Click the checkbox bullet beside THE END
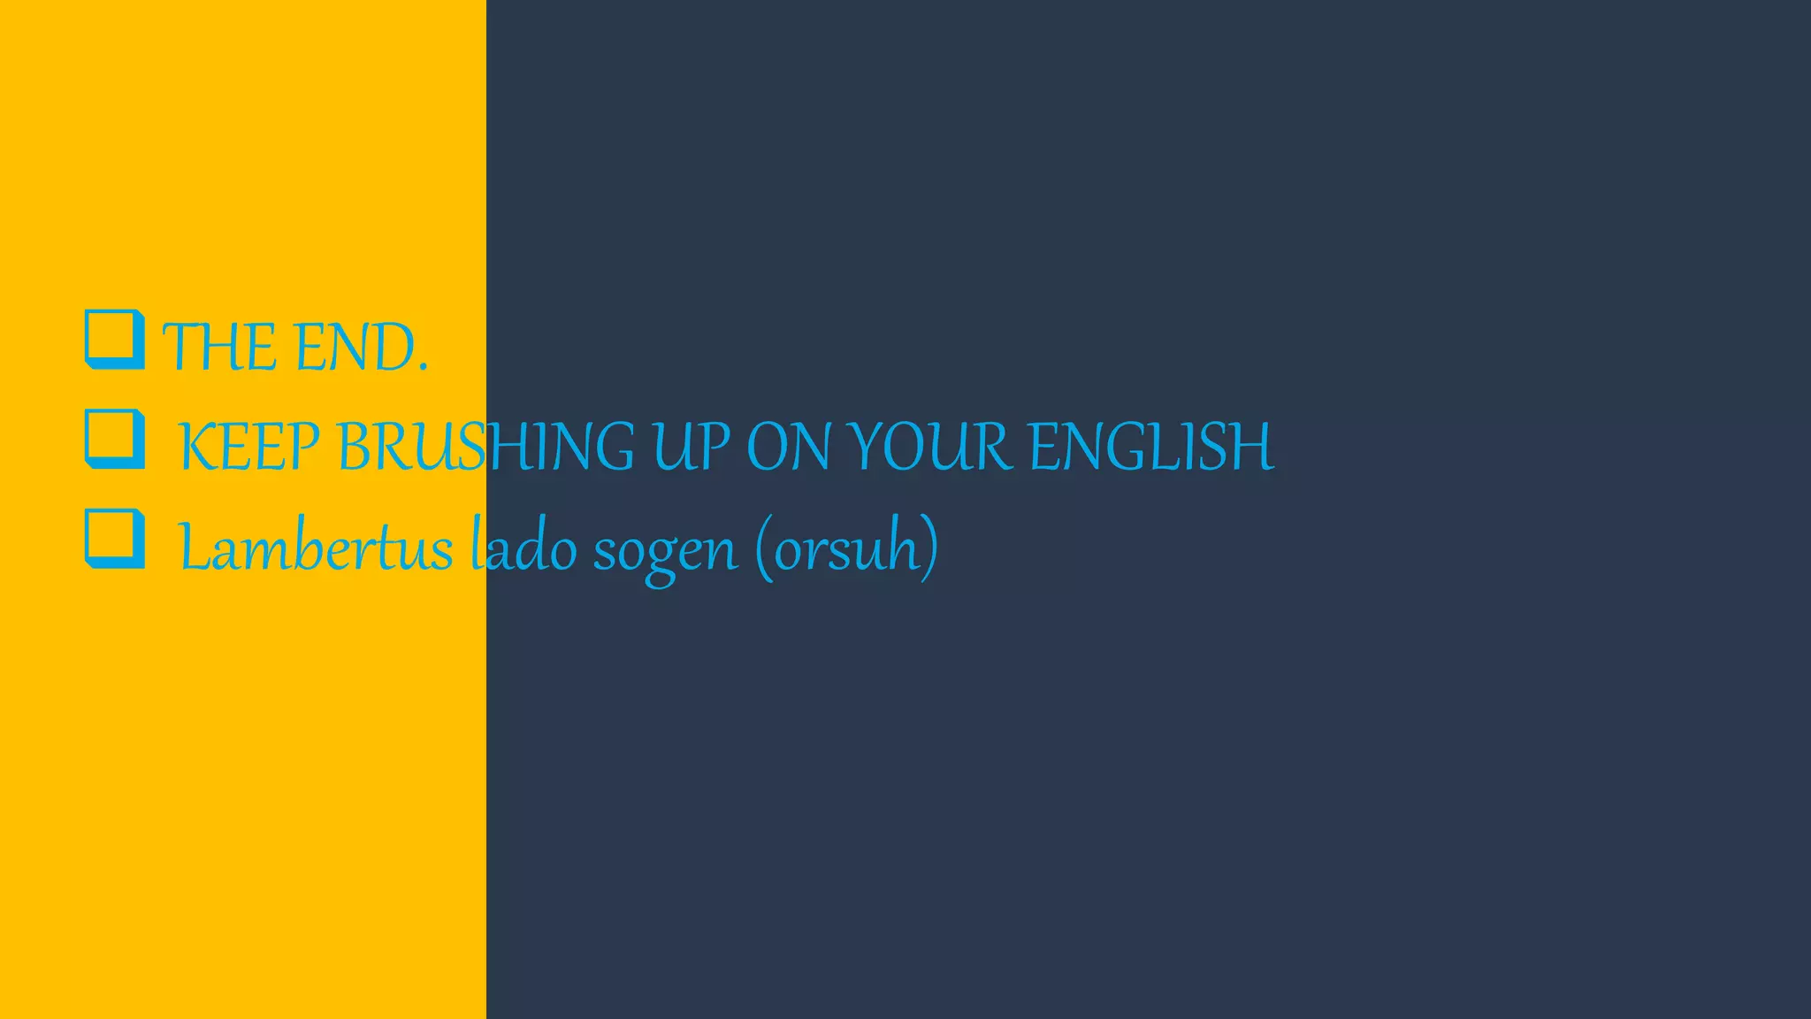click(114, 339)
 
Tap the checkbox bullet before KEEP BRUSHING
click(114, 439)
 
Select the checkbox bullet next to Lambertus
click(114, 538)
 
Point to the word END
click(354, 347)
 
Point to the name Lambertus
click(315, 548)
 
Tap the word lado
click(523, 548)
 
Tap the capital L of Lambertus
click(194, 547)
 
